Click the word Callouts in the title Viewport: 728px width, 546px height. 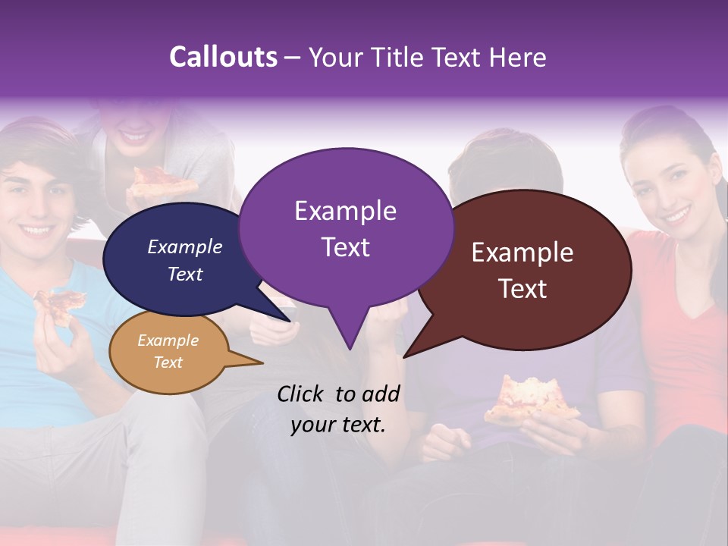(223, 57)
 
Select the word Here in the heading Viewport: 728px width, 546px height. (518, 57)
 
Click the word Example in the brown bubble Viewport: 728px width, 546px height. (522, 253)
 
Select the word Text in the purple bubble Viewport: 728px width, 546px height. (346, 247)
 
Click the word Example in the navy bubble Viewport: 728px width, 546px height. (184, 247)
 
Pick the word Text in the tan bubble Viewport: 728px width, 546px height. (168, 362)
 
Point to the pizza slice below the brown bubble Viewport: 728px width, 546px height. (530, 400)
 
